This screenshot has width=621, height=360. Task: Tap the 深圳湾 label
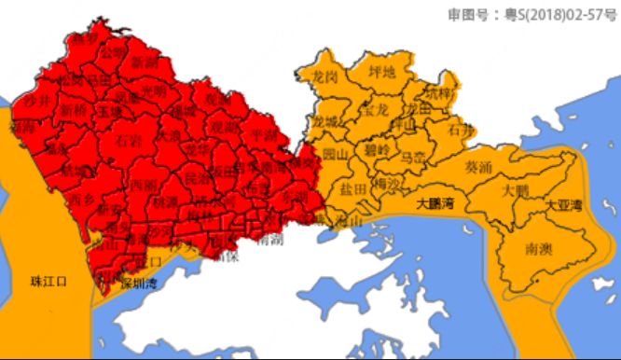[140, 284]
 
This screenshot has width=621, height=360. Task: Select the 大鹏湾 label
[435, 202]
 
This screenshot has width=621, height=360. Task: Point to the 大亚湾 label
[564, 204]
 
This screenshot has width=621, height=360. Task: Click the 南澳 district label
[540, 249]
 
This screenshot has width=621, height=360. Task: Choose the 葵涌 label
[477, 168]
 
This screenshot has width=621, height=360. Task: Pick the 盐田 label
[352, 189]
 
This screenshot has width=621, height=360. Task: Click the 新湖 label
[145, 63]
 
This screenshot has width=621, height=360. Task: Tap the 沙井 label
[36, 100]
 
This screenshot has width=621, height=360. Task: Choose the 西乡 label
[81, 199]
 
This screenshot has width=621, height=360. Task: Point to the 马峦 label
[412, 157]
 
